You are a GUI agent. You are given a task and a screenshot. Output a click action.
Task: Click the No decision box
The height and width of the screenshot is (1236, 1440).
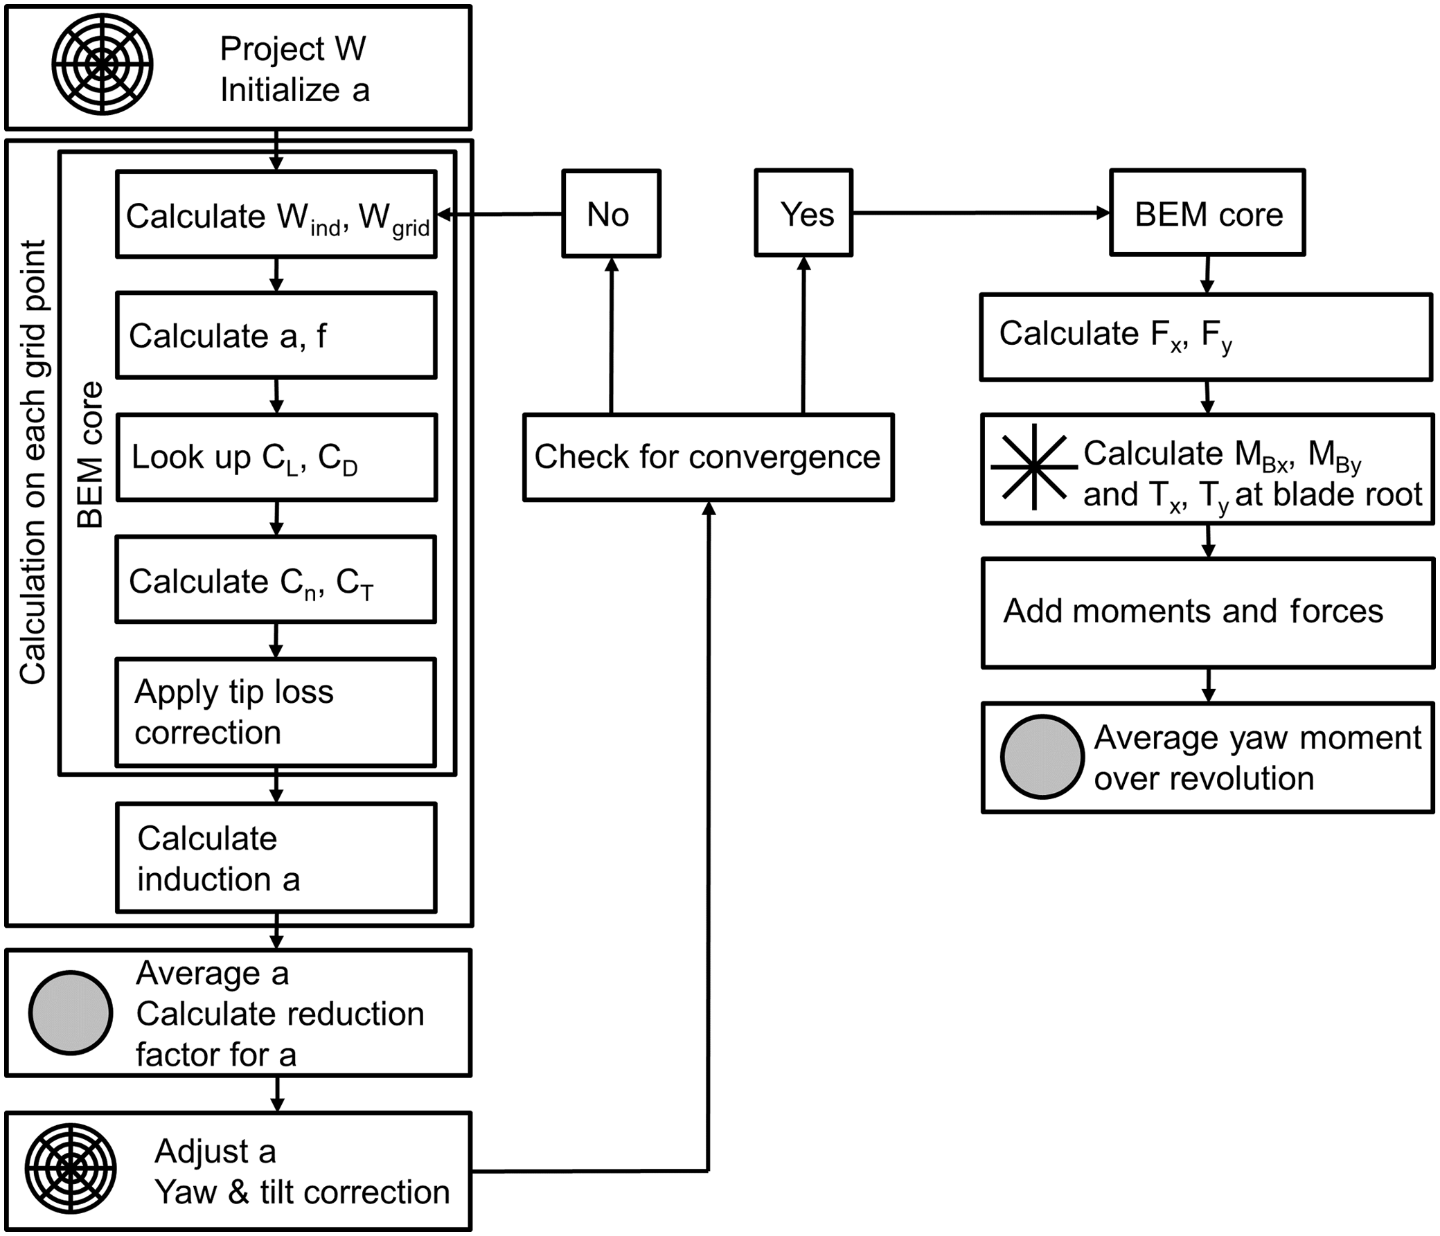[611, 214]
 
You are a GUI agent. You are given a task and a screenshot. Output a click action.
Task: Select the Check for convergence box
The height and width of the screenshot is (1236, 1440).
[708, 457]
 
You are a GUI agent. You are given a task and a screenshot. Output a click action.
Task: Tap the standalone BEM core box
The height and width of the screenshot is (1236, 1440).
[1207, 213]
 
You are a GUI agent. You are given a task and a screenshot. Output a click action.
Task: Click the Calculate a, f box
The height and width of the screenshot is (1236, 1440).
[276, 336]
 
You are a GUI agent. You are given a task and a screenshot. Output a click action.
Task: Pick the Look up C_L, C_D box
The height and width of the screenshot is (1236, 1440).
[276, 457]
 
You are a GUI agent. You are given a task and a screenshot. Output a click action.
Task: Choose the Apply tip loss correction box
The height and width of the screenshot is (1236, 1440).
[276, 712]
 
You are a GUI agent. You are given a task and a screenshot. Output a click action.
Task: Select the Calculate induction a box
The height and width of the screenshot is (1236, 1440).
[276, 857]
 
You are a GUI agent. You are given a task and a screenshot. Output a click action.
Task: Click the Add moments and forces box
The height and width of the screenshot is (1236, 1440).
[1207, 612]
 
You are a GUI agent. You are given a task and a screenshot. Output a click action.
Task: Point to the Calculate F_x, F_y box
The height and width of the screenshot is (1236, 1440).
[1206, 337]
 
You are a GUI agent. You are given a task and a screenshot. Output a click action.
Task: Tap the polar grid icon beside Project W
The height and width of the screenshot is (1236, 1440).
[102, 64]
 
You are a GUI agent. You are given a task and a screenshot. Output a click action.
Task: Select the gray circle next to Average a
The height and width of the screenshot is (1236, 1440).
[70, 1012]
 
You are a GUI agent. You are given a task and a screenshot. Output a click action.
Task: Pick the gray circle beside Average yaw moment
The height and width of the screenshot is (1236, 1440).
[1042, 757]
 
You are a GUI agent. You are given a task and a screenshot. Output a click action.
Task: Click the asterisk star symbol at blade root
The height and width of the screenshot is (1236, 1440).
[1033, 466]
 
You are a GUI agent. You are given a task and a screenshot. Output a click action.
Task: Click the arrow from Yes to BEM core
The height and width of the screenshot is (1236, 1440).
[981, 213]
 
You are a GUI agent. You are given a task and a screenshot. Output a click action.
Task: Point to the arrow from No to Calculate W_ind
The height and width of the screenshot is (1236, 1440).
[499, 215]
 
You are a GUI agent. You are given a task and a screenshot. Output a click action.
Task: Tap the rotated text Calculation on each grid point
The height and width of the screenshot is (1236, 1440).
[33, 462]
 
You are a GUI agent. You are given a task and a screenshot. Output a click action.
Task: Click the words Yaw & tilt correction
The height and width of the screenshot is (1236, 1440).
[302, 1192]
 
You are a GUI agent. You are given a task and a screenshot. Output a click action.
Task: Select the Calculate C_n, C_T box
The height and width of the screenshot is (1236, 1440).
[276, 580]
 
